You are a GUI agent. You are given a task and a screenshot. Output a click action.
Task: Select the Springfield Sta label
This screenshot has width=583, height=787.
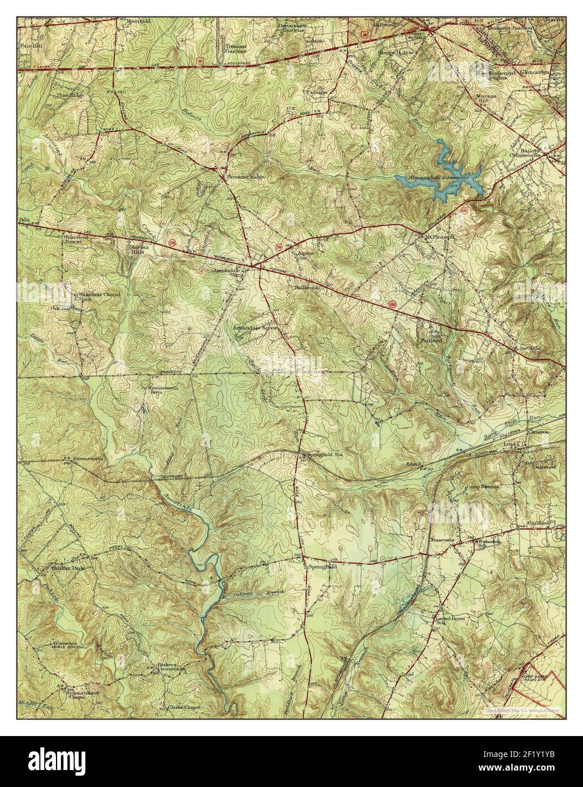[323, 455]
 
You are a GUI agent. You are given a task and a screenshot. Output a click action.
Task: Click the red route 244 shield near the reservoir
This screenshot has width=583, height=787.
[464, 210]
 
